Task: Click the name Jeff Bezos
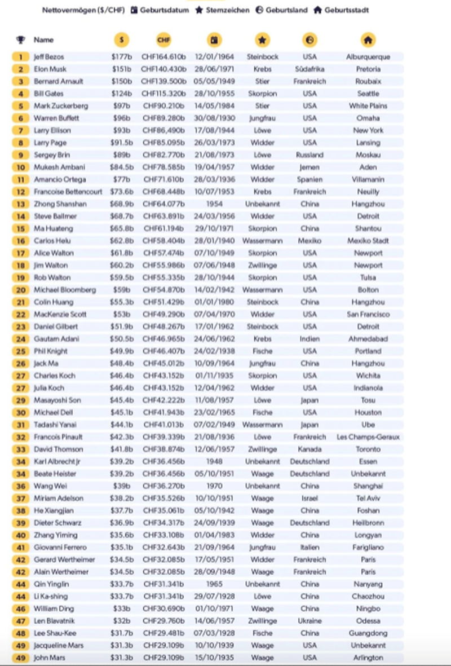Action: pos(47,57)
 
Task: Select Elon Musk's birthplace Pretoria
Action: pos(368,69)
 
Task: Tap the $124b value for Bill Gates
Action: pos(121,94)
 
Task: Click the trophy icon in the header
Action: pos(21,40)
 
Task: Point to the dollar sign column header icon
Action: pos(121,40)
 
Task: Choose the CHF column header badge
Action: pos(163,40)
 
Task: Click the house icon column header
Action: pos(368,40)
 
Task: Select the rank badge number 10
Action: pos(20,167)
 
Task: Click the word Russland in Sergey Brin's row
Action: pos(309,155)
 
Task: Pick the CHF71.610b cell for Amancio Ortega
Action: pos(163,180)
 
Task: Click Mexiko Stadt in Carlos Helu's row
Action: pos(368,241)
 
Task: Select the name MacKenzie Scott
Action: pos(60,314)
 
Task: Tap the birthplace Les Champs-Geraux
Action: pos(368,437)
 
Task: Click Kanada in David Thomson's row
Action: pos(309,449)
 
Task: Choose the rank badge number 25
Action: pos(20,351)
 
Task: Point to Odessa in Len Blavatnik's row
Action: pos(368,621)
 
